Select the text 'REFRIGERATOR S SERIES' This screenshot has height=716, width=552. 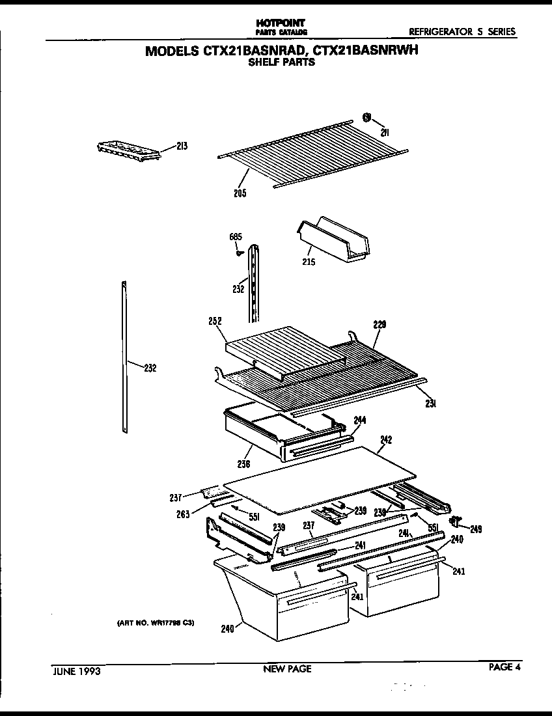[462, 31]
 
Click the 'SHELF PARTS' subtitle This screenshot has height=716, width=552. [282, 63]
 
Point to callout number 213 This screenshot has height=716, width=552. [182, 146]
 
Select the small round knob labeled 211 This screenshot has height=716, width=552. [367, 118]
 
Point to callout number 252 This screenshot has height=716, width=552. [215, 321]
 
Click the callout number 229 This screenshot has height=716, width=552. [379, 325]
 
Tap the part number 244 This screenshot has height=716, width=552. [360, 419]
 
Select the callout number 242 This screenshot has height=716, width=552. [385, 440]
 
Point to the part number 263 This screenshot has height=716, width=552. [183, 514]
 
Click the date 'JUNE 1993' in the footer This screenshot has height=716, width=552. [76, 669]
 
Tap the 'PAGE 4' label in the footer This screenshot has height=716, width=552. [505, 666]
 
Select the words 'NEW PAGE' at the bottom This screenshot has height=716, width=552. [287, 668]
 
